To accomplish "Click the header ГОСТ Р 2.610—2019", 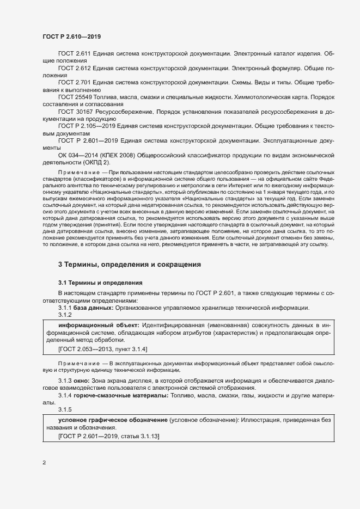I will (71, 36).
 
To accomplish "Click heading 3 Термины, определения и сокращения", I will (130, 264).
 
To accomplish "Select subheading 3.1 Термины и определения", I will (100, 283).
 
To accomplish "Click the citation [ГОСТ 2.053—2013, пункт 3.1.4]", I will (102, 348).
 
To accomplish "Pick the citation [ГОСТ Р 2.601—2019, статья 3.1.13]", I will (108, 437).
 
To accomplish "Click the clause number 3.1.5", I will (65, 409).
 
